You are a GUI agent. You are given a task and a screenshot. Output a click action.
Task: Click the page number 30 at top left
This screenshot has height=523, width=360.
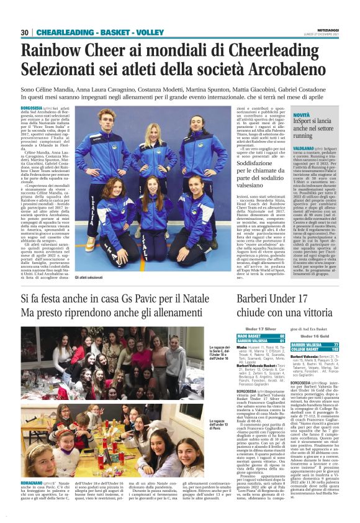click(24, 32)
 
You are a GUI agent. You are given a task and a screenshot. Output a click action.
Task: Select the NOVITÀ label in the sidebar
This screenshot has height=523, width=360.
click(302, 116)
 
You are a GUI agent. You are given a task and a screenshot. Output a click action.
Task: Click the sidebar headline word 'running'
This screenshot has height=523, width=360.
click(304, 135)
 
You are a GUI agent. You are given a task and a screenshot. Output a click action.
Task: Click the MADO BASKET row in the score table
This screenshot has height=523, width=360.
click(260, 336)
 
